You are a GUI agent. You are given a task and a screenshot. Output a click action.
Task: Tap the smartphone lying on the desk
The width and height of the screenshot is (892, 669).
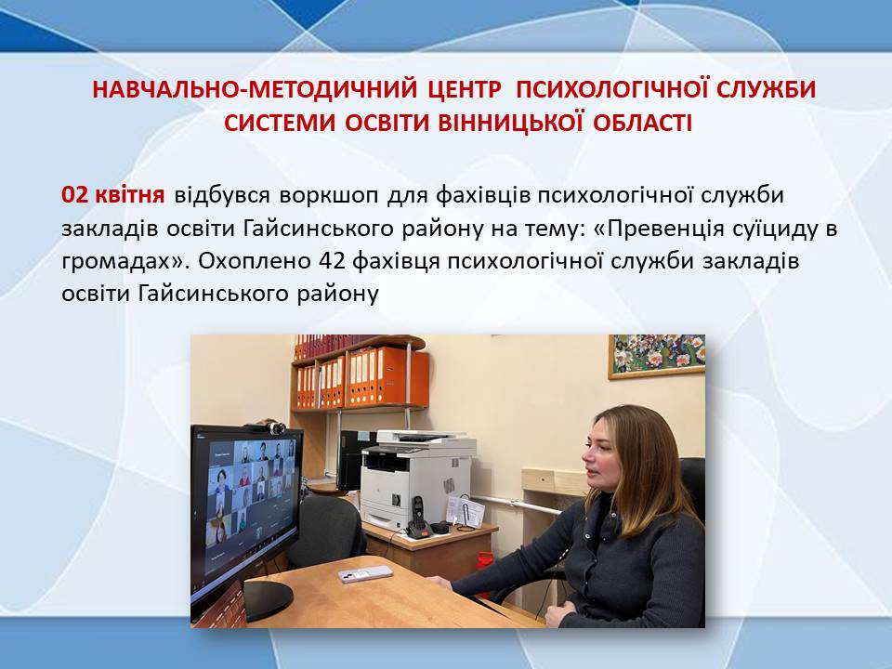coord(365,574)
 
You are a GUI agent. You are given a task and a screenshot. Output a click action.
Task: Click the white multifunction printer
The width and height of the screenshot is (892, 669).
coord(417,478)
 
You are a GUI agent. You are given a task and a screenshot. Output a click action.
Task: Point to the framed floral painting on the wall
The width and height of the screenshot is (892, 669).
coord(657,356)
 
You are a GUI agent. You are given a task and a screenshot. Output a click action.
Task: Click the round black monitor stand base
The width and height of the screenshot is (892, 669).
coord(268,599)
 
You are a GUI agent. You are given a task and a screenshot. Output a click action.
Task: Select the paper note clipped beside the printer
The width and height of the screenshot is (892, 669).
coord(466,511)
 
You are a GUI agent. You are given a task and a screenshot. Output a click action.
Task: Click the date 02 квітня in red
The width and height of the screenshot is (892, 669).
coord(112,194)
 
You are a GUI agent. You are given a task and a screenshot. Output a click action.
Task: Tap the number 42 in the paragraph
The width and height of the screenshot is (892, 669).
coord(332,261)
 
